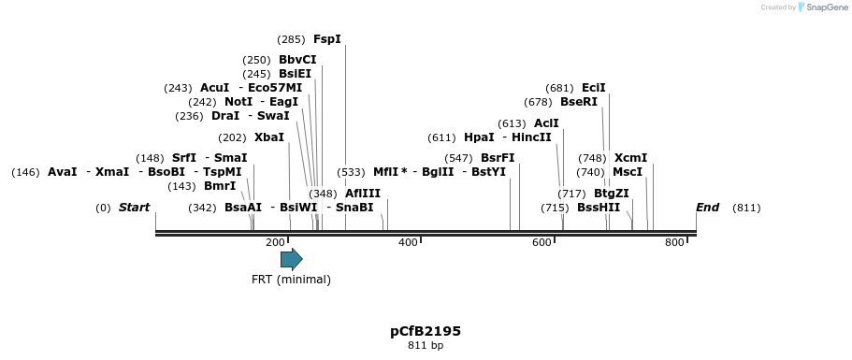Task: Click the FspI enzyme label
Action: pyautogui.click(x=327, y=39)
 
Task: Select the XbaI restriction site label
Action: pyautogui.click(x=269, y=137)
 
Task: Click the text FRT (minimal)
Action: pyautogui.click(x=291, y=279)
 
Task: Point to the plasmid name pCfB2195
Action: pyautogui.click(x=426, y=331)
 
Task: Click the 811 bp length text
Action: pyautogui.click(x=426, y=346)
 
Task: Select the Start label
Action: pyautogui.click(x=134, y=208)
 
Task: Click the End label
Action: pyautogui.click(x=707, y=208)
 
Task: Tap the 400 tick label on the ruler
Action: pyautogui.click(x=408, y=243)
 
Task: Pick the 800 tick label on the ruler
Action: pyautogui.click(x=674, y=243)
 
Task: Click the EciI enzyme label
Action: pyautogui.click(x=594, y=88)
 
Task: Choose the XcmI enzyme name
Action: pyautogui.click(x=630, y=158)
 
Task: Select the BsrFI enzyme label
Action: pyautogui.click(x=498, y=158)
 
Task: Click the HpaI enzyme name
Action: pyautogui.click(x=479, y=137)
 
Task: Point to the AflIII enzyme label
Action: pyautogui.click(x=363, y=194)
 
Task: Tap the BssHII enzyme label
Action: pyautogui.click(x=599, y=208)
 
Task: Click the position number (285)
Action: pyautogui.click(x=291, y=39)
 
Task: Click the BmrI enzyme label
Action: pyautogui.click(x=220, y=186)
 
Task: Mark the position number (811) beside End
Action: pyautogui.click(x=746, y=208)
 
